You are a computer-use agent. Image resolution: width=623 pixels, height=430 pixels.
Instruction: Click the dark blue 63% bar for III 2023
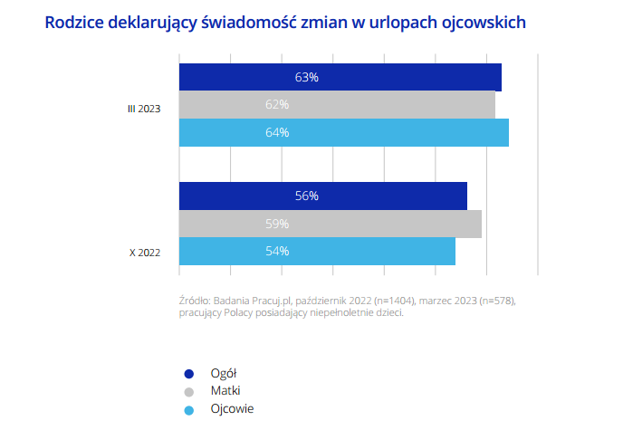[x=340, y=77]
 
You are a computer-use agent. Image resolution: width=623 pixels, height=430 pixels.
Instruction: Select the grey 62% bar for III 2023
[x=337, y=105]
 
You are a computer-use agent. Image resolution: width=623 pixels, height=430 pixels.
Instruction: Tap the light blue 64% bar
[x=343, y=132]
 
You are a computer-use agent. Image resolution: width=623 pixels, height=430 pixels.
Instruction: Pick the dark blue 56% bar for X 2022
[x=322, y=196]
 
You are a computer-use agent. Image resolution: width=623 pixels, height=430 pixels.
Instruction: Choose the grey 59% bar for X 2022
[x=330, y=224]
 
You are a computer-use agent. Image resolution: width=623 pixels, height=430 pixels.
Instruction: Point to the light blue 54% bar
[x=317, y=251]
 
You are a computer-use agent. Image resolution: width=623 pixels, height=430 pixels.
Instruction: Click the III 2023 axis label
[x=143, y=109]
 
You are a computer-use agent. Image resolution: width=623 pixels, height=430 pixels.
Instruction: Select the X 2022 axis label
[x=145, y=253]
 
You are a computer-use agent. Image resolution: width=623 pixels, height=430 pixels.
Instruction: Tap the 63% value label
[x=307, y=77]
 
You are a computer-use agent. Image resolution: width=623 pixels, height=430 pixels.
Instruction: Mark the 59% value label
[x=277, y=224]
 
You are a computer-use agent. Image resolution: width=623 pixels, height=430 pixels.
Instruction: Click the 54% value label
[x=277, y=251]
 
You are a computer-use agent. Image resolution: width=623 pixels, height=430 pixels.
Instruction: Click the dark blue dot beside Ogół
[x=189, y=373]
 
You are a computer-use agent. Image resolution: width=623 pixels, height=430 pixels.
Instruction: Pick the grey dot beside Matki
[x=189, y=391]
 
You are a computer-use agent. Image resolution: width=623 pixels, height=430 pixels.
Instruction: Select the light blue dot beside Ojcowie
[x=189, y=409]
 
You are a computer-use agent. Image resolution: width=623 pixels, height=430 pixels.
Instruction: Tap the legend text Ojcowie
[x=232, y=409]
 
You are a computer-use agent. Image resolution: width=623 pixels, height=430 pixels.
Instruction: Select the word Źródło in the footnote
[x=195, y=299]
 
